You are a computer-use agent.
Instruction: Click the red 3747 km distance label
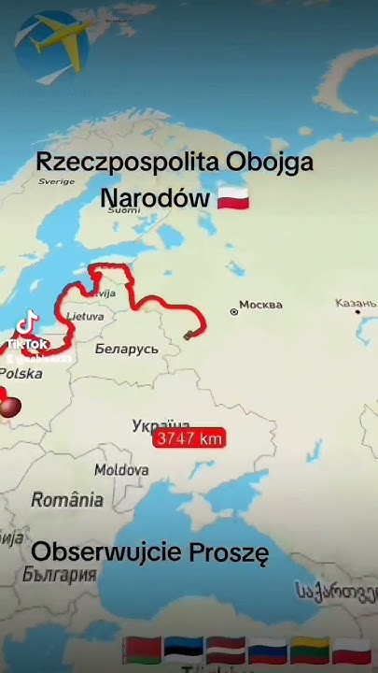click(189, 437)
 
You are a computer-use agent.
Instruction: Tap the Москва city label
click(260, 306)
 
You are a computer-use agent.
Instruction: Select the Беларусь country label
click(126, 349)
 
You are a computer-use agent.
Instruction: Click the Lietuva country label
click(85, 317)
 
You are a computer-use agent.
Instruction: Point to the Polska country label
click(21, 373)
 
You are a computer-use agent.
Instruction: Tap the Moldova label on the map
click(120, 469)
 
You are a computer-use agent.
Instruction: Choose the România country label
click(67, 500)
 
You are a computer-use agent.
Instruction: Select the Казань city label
click(357, 304)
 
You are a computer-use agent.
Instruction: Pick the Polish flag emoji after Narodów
click(232, 199)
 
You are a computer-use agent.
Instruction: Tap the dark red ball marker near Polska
click(10, 408)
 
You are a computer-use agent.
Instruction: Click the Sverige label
click(56, 181)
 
